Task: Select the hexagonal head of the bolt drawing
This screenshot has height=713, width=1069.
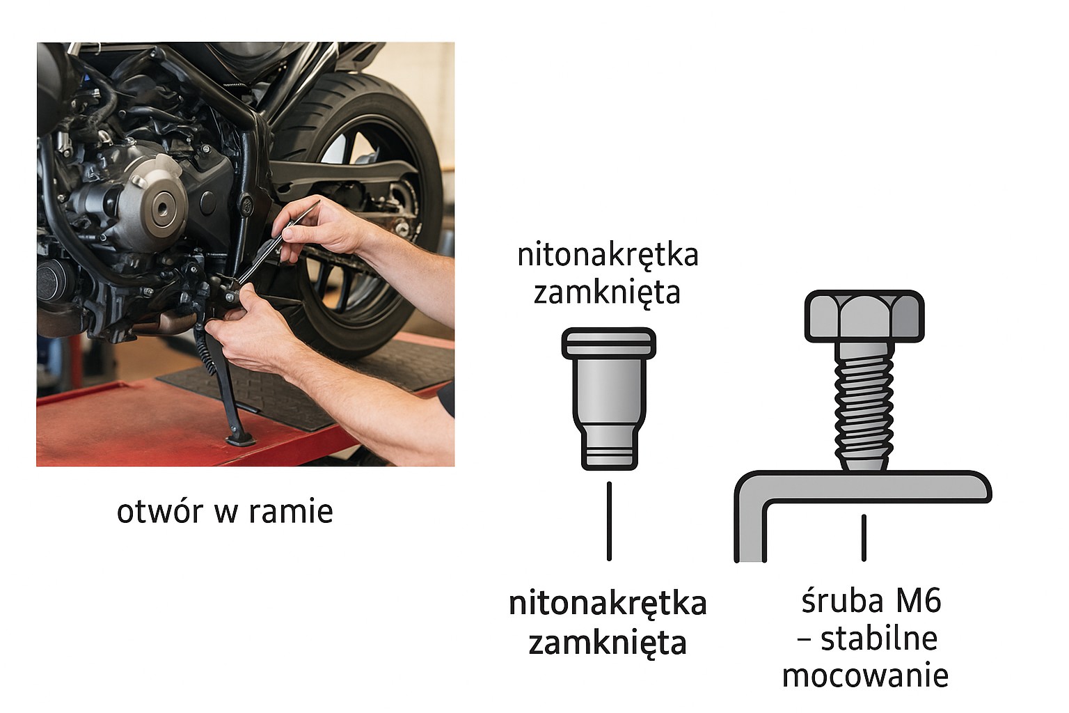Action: pos(864,317)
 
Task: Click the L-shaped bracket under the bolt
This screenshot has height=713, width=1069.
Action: pos(863,487)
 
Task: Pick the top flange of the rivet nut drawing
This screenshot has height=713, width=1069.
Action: pos(609,342)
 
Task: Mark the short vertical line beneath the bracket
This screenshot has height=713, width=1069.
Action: pos(864,538)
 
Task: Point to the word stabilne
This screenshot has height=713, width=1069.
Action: pos(878,638)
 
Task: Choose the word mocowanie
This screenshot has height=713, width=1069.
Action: pos(865,675)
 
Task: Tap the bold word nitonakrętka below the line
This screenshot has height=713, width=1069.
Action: pos(608,604)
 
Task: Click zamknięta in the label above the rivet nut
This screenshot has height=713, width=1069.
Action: pos(607,292)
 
